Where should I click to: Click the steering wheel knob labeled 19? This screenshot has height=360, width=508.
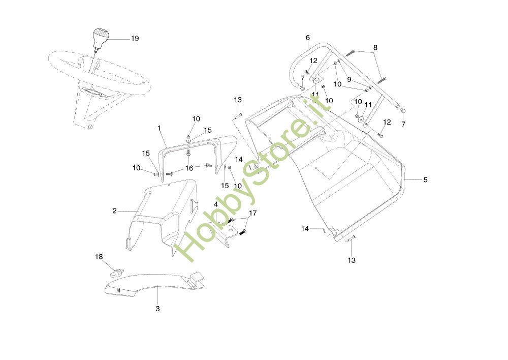(101, 39)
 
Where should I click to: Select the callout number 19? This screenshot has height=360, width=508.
(135, 39)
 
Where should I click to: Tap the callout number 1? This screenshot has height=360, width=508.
(159, 128)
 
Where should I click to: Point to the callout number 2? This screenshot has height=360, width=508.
(115, 211)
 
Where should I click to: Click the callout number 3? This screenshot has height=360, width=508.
(157, 309)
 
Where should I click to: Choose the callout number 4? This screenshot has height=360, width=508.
(216, 204)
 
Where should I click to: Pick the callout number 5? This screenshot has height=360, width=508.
(426, 179)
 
